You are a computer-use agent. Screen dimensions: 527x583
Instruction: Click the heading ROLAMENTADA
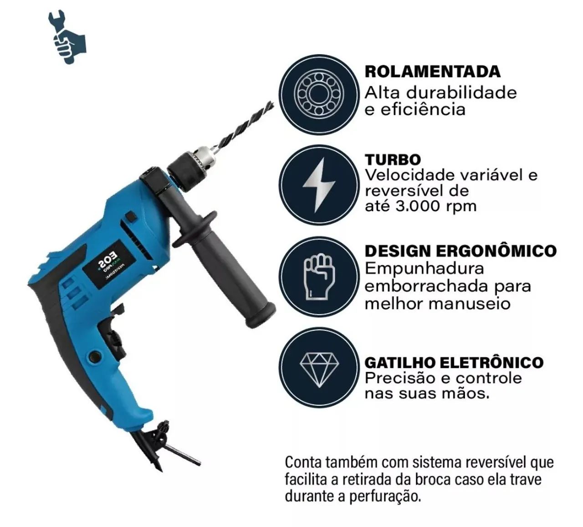(432, 71)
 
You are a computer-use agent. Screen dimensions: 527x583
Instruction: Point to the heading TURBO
(393, 160)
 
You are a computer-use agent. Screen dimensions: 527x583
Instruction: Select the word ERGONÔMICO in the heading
(496, 251)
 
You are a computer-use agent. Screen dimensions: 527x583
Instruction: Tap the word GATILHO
(400, 362)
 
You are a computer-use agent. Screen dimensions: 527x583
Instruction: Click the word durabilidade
(461, 93)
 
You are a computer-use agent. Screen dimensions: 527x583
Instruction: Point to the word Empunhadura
(424, 269)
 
